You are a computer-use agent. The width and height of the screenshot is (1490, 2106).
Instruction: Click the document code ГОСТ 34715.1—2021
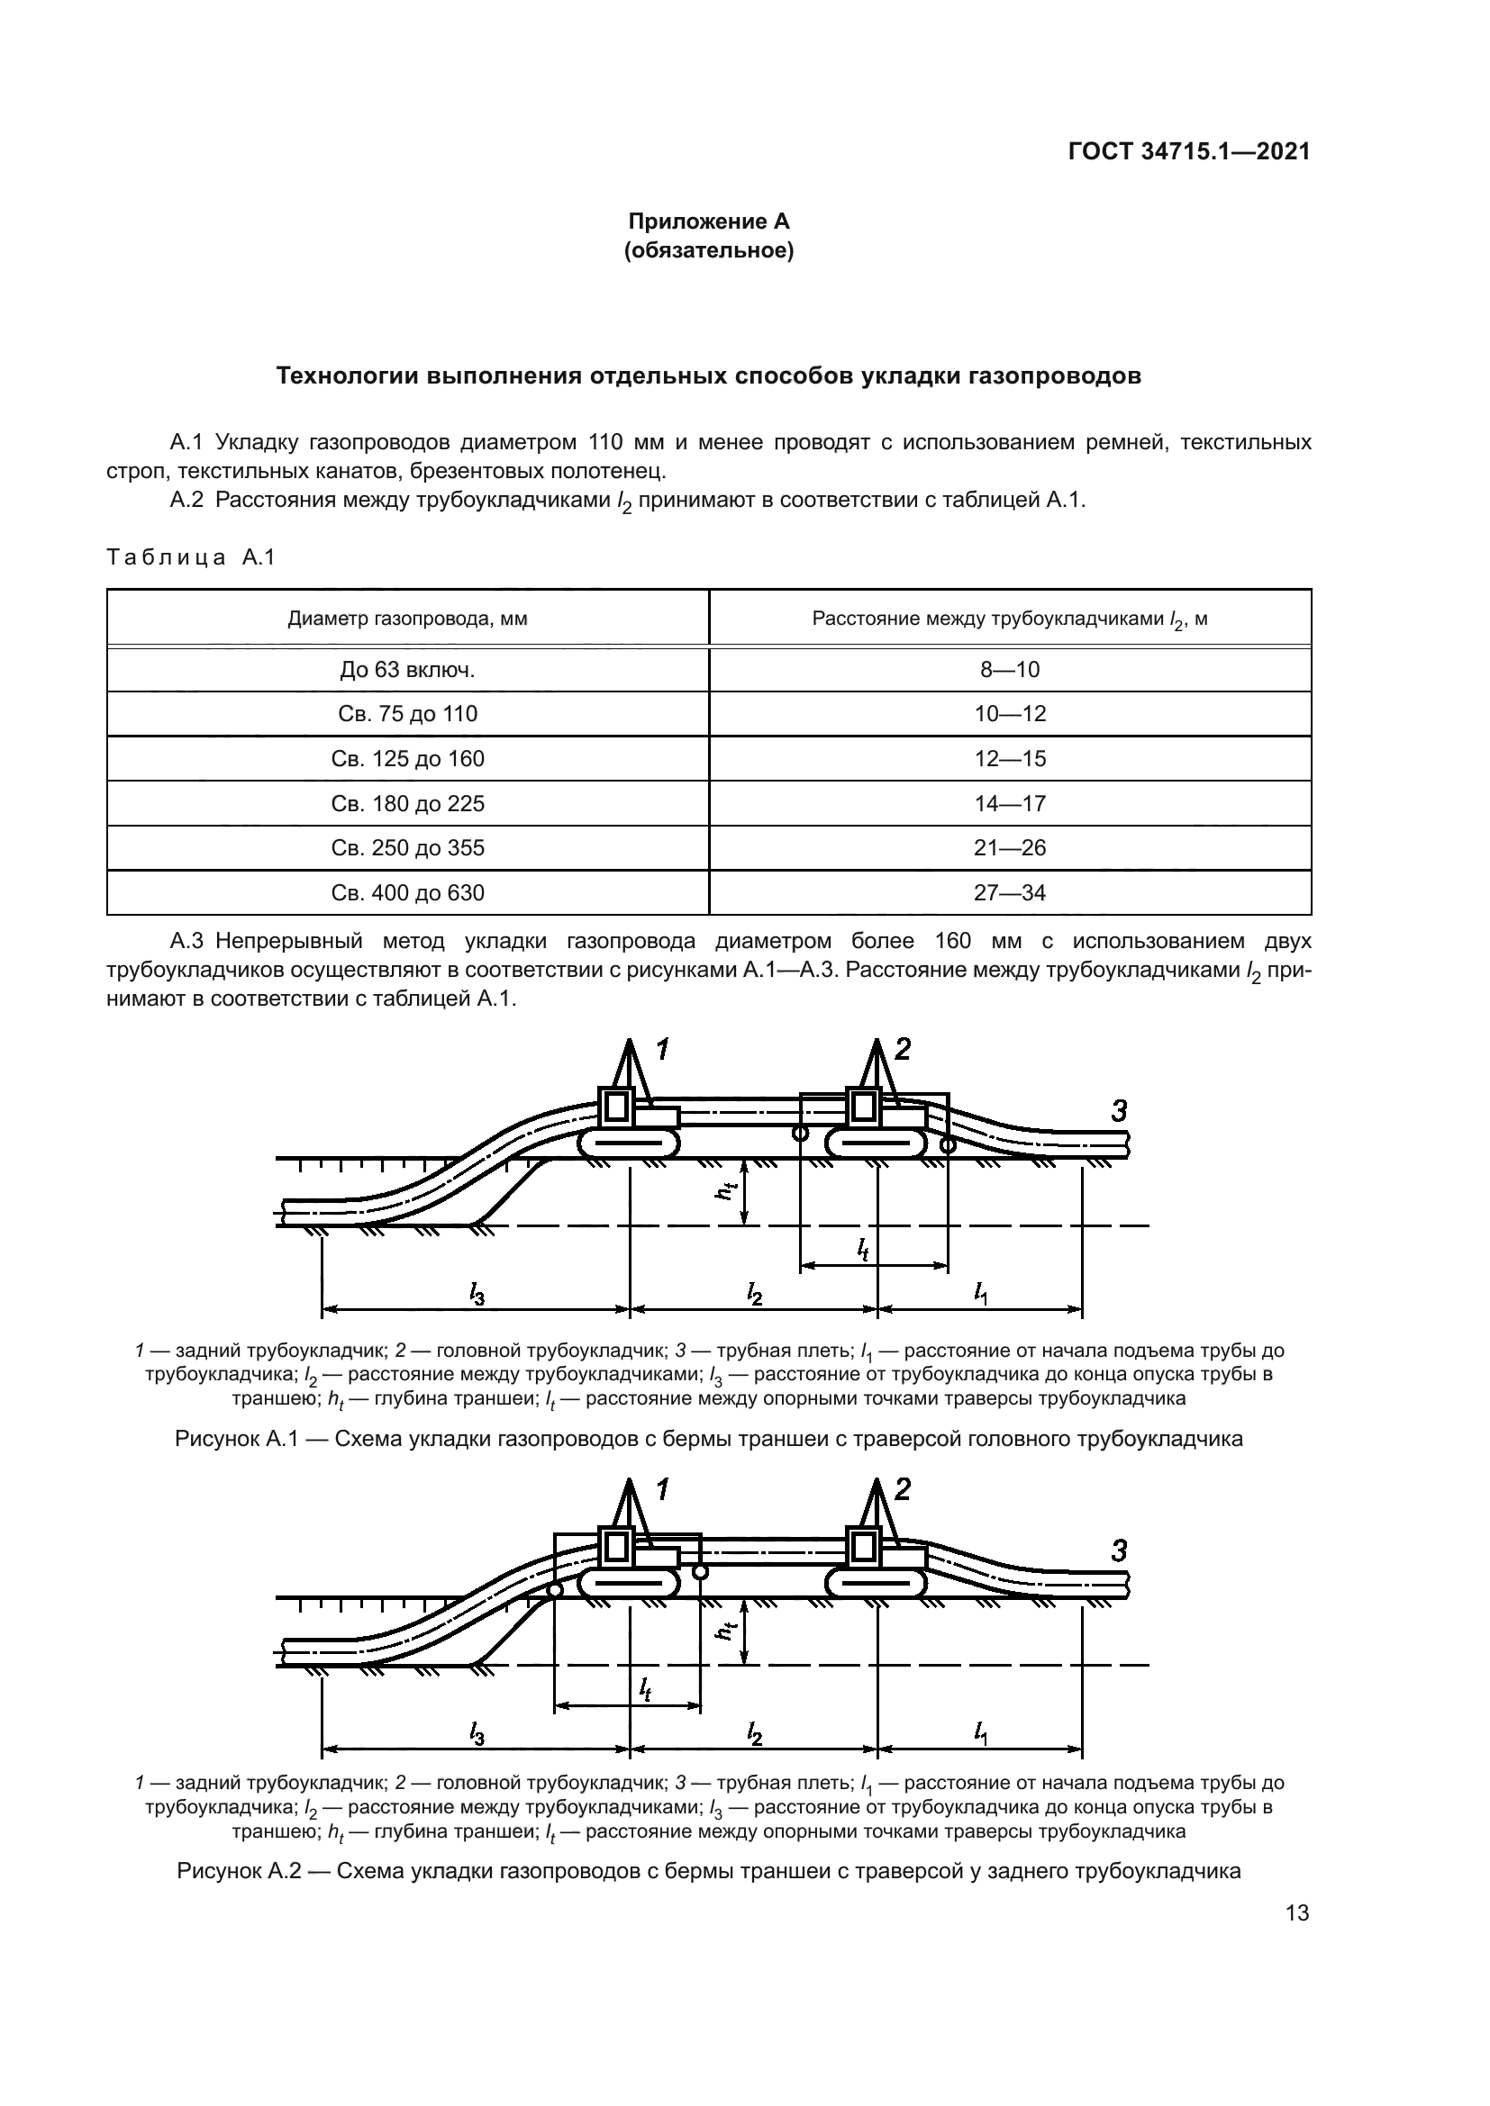[1188, 151]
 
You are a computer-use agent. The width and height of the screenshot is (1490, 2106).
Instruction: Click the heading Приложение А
[707, 221]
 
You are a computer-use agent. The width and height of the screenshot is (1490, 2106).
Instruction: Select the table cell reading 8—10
[1009, 670]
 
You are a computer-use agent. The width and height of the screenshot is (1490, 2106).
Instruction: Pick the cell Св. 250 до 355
[407, 847]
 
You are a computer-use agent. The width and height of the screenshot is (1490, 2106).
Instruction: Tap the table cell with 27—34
[1009, 892]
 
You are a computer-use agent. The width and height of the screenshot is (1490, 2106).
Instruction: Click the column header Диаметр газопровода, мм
[407, 619]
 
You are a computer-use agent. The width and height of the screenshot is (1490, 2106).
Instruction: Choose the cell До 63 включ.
[407, 670]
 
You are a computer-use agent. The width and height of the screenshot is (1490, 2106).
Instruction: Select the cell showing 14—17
[1009, 803]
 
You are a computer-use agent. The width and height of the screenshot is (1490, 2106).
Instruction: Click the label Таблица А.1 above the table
[191, 556]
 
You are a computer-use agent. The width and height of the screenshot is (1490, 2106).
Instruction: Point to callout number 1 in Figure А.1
[662, 1048]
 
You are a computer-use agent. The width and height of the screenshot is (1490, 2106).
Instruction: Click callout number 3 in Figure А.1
[1119, 1111]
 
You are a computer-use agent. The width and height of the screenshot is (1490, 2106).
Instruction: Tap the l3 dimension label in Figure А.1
[477, 1294]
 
